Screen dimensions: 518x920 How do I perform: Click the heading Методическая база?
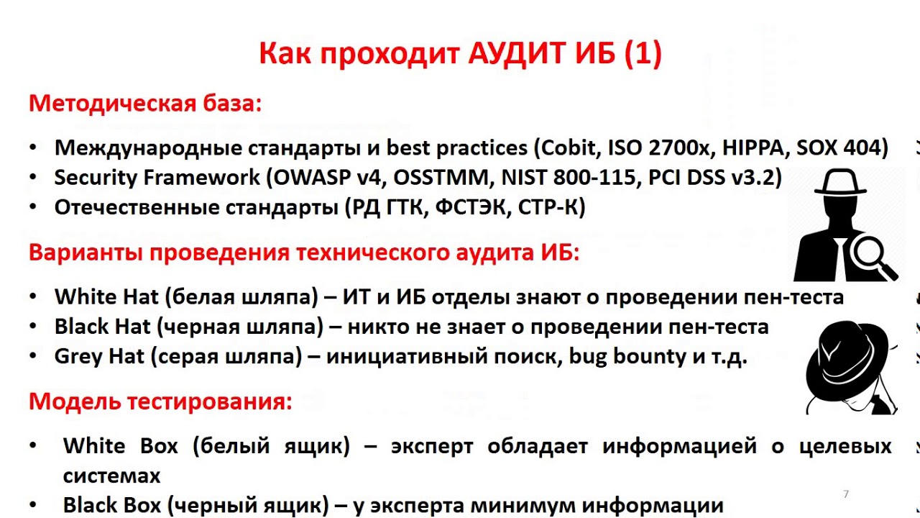click(x=145, y=104)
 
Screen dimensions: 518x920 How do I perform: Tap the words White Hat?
click(x=100, y=297)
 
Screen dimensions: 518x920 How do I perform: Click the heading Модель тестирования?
click(x=160, y=401)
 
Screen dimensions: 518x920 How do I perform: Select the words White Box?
click(x=120, y=446)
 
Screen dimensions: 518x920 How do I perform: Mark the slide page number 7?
click(x=846, y=494)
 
